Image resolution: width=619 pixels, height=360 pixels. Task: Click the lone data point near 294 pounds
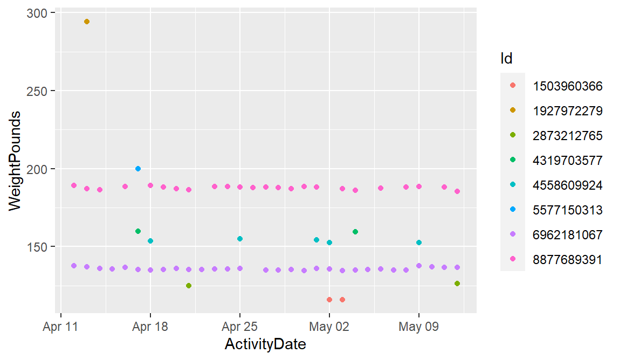(x=87, y=22)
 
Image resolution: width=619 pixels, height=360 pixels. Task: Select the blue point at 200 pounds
(x=138, y=169)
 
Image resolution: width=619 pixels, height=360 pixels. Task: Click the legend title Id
(x=506, y=59)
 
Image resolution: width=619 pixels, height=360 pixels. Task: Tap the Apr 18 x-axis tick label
(x=150, y=327)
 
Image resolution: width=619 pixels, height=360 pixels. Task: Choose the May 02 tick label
(x=329, y=327)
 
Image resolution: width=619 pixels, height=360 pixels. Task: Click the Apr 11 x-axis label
(x=60, y=327)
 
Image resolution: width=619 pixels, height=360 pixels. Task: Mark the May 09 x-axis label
(x=418, y=327)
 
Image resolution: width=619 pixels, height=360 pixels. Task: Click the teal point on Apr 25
(x=240, y=239)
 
